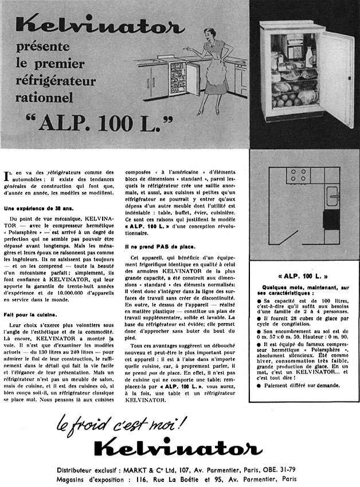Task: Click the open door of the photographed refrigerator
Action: (x=336, y=72)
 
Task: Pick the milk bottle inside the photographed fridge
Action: (x=310, y=56)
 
